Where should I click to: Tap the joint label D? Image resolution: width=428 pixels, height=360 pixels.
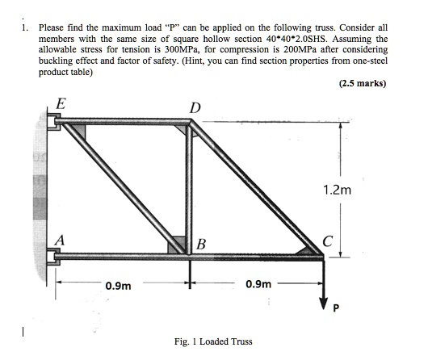click(x=194, y=108)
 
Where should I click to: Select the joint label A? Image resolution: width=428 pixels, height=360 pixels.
click(x=60, y=240)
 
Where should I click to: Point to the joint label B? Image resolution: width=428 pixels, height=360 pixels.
click(x=202, y=244)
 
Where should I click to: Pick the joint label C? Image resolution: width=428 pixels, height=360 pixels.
click(x=326, y=240)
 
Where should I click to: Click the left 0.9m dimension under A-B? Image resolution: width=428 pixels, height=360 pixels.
click(x=119, y=284)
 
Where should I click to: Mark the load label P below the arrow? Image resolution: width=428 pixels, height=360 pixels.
click(x=338, y=308)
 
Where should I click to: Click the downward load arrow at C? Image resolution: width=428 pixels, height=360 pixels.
click(x=323, y=278)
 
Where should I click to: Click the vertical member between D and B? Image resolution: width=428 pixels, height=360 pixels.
click(x=191, y=186)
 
